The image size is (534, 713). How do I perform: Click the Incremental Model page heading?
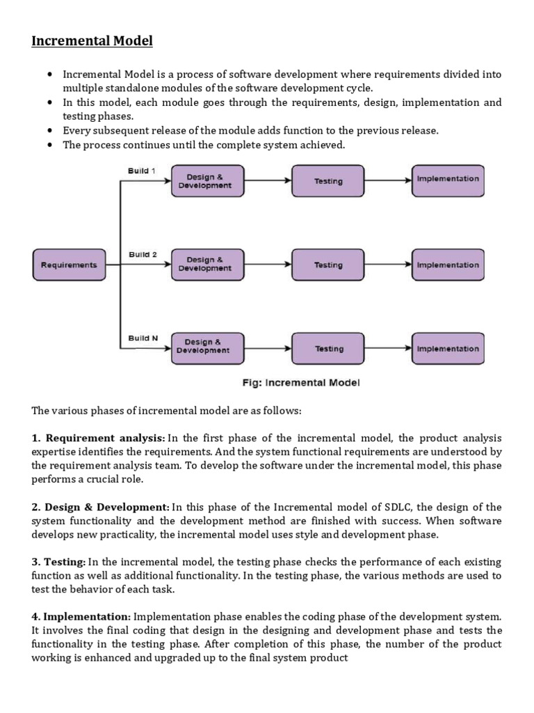point(92,41)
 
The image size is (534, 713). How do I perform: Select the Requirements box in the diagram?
point(69,265)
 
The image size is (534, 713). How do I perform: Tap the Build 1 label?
point(142,171)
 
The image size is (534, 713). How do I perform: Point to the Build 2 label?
point(143,255)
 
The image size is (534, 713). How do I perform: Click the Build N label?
point(143,338)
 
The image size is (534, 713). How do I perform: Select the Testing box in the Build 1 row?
point(327,182)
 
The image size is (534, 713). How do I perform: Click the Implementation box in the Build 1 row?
point(448,180)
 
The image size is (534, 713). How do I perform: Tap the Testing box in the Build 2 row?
point(327,265)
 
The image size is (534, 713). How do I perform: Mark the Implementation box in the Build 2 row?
point(448,265)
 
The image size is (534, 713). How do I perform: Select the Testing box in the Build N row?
point(328,349)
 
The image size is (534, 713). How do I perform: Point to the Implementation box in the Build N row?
point(448,349)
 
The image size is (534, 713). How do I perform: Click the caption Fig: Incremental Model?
point(300,383)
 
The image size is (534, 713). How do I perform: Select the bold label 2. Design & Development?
point(101,507)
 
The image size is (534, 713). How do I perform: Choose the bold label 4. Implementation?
point(81,616)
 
